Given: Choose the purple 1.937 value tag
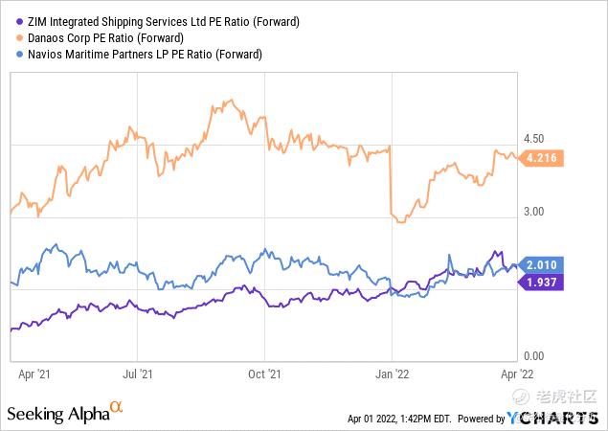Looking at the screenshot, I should point(542,282).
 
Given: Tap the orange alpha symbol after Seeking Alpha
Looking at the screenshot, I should point(117,408).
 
